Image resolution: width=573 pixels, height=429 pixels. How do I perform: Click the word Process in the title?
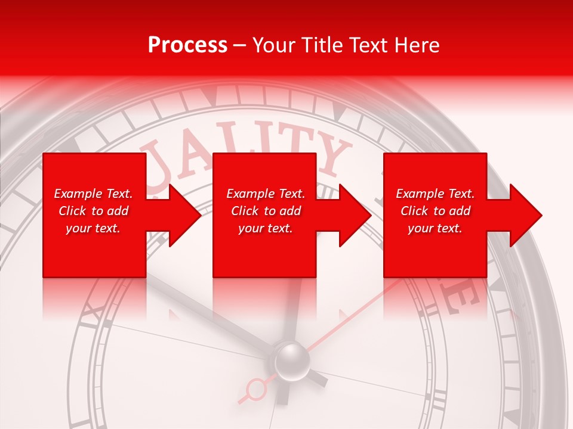click(187, 45)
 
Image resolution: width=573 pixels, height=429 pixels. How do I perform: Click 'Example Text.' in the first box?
click(93, 194)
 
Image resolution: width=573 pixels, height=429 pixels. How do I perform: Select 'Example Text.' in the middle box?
click(266, 194)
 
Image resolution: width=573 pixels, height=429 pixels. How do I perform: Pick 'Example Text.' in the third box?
click(435, 194)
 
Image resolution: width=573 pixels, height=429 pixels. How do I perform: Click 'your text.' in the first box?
click(93, 228)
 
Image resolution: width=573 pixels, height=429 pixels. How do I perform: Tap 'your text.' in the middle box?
click(266, 228)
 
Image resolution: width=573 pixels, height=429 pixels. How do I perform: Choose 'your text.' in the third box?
click(435, 228)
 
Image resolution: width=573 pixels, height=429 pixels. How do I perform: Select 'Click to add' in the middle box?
click(266, 211)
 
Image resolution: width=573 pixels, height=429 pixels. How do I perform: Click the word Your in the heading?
click(272, 45)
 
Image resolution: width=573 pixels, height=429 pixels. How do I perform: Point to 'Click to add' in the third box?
click(435, 211)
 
